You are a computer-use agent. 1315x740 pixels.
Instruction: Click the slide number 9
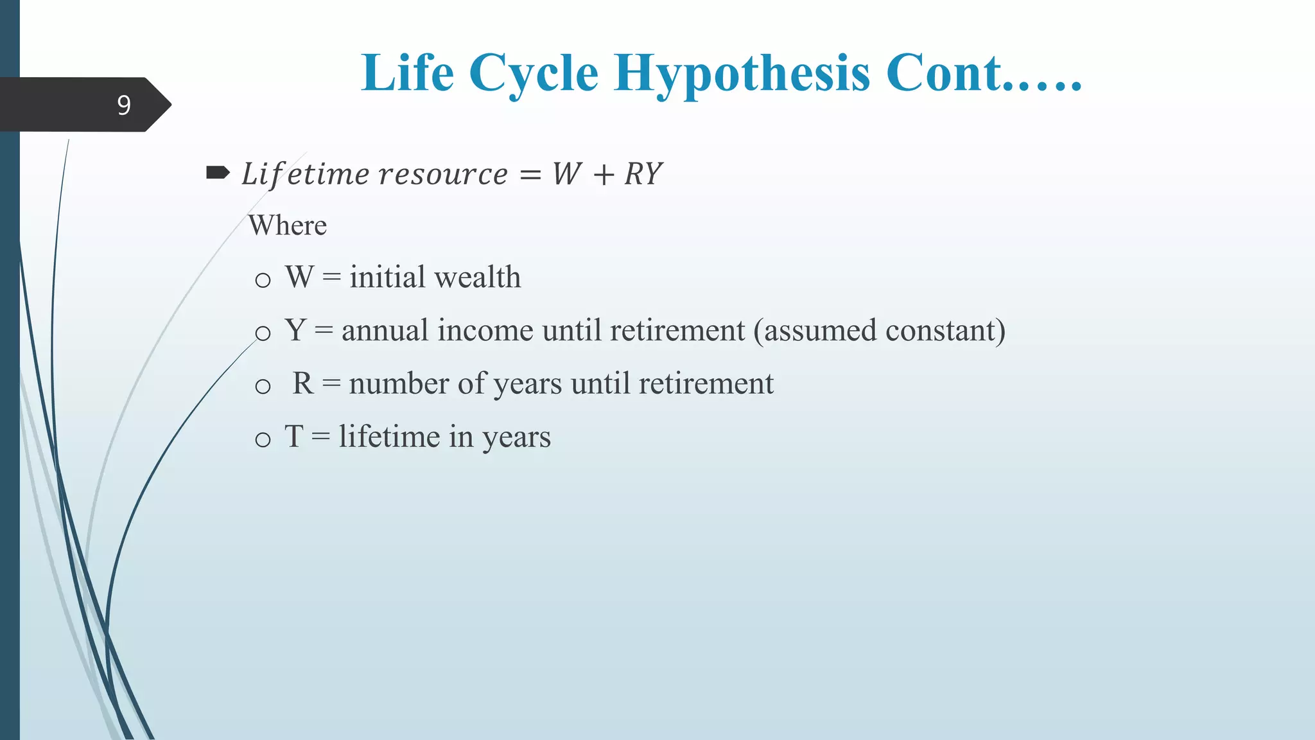point(124,105)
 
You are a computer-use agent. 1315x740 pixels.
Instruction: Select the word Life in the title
point(408,73)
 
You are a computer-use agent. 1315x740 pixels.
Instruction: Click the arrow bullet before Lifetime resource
point(218,172)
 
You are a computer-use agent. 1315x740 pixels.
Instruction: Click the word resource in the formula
point(443,174)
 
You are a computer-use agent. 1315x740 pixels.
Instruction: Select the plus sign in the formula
point(604,175)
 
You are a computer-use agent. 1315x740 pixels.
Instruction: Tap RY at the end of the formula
point(643,174)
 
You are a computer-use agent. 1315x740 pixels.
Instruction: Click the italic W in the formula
point(567,174)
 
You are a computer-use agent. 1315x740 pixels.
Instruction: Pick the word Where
point(288,225)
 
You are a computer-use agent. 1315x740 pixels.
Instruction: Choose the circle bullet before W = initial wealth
point(263,280)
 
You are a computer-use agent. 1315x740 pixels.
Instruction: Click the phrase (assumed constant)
point(879,331)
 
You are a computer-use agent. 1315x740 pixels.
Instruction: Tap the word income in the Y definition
point(485,331)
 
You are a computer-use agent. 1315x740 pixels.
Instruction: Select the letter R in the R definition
point(303,383)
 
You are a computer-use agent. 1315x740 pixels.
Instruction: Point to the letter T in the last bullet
point(294,437)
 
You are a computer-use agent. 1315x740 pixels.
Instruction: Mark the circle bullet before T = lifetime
point(263,440)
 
